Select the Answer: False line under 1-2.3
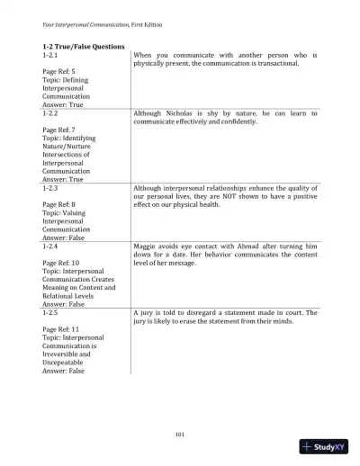tap(64, 237)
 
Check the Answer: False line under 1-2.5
tap(64, 370)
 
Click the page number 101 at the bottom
tap(180, 434)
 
